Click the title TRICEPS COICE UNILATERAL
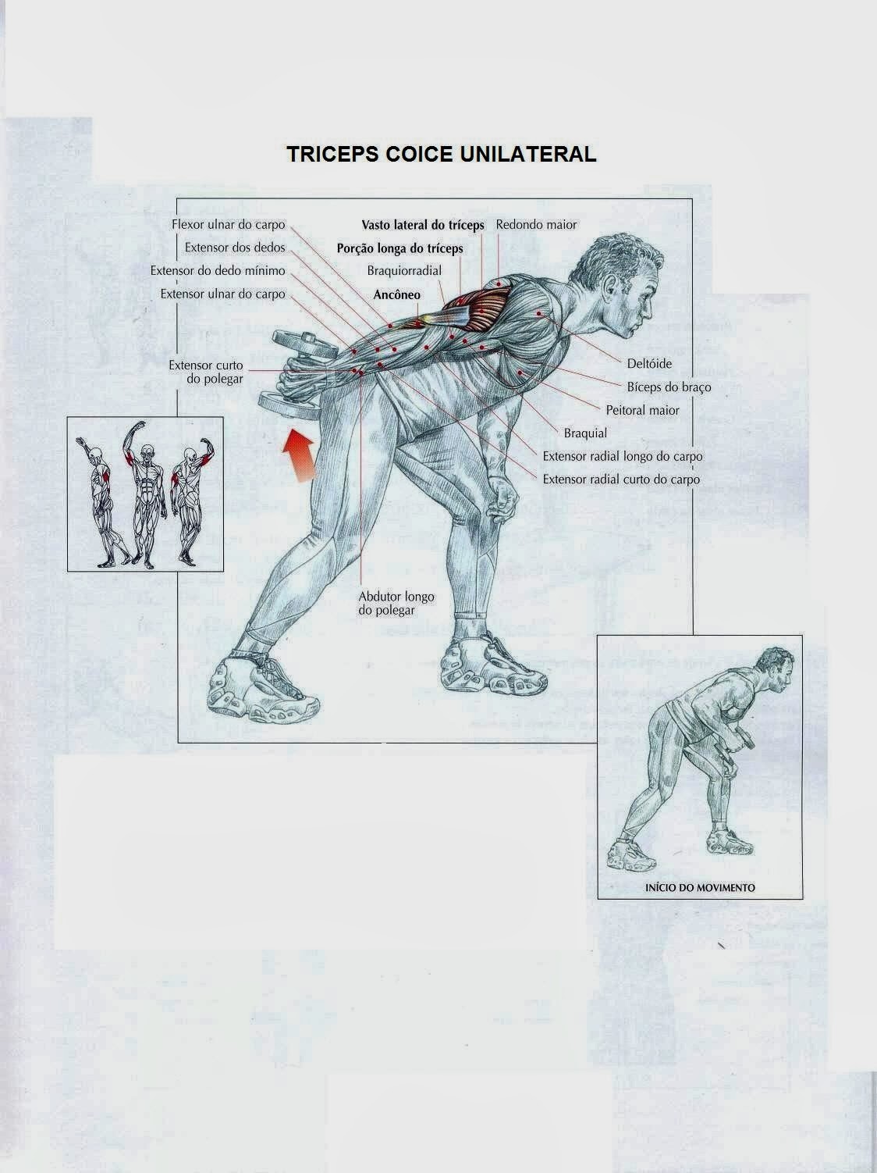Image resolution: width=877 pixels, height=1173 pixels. click(442, 154)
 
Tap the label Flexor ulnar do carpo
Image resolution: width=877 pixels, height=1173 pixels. click(228, 225)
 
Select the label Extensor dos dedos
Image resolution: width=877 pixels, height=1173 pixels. click(235, 248)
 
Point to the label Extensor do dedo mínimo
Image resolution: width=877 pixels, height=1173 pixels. click(218, 272)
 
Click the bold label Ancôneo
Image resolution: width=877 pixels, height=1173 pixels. click(396, 295)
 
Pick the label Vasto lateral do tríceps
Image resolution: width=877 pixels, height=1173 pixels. click(422, 225)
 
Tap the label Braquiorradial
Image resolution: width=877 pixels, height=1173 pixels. click(404, 272)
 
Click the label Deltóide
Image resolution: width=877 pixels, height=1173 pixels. click(648, 364)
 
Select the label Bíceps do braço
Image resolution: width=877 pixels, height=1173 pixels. click(669, 387)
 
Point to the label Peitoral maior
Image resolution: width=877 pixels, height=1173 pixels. click(642, 410)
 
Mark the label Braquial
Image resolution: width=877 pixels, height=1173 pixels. click(585, 433)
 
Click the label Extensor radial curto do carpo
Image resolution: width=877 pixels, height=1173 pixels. click(621, 480)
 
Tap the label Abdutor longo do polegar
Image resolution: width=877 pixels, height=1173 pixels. click(396, 603)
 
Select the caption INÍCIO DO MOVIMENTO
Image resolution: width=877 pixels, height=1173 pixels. click(700, 888)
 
